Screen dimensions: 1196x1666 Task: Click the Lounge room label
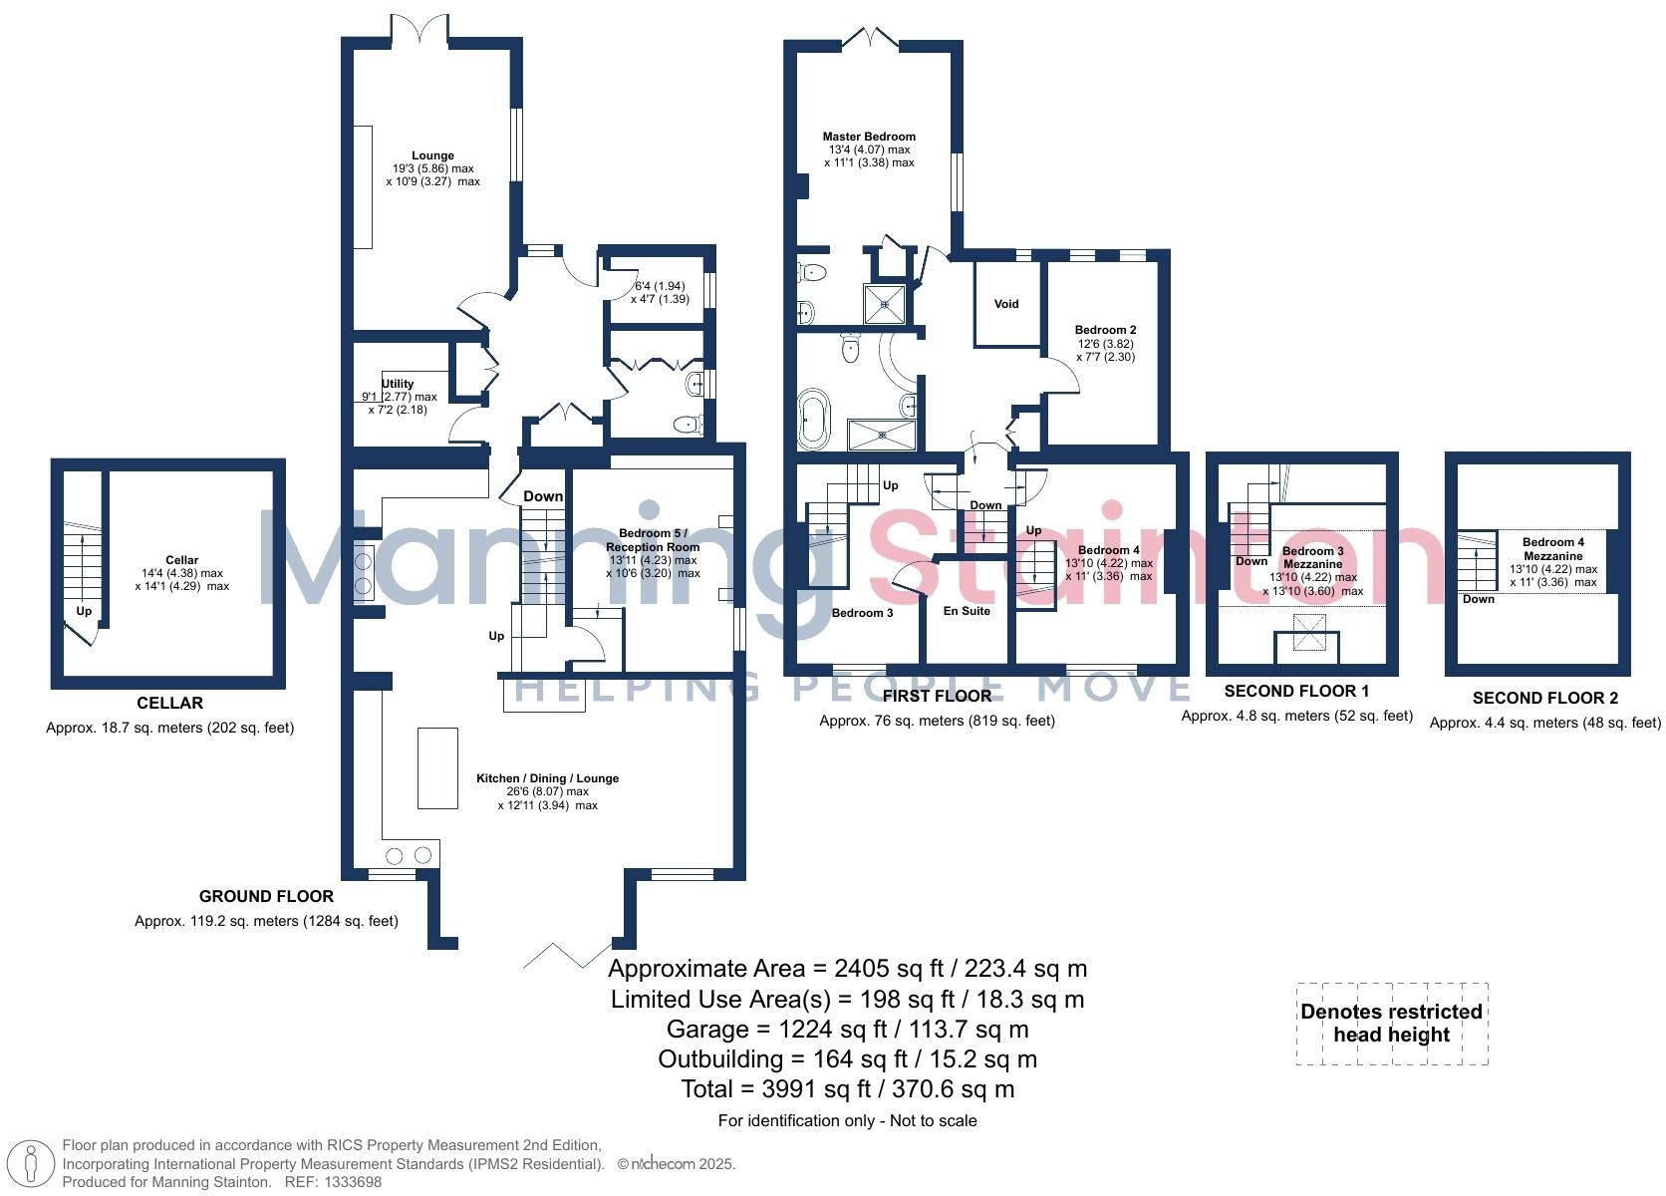click(x=432, y=155)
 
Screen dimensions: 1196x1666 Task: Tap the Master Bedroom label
click(x=868, y=137)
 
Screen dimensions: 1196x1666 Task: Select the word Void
click(x=1006, y=304)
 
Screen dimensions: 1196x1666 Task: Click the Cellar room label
click(x=181, y=560)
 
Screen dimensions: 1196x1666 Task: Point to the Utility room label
click(x=398, y=384)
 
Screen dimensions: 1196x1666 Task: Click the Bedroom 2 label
click(x=1105, y=330)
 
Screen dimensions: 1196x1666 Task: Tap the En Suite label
click(x=967, y=611)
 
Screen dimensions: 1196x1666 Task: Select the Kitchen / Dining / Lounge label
click(x=547, y=778)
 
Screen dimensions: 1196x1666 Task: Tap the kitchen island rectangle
click(x=437, y=767)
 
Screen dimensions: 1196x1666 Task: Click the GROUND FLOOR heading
click(x=266, y=896)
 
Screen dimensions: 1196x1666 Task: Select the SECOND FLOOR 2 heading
click(x=1544, y=698)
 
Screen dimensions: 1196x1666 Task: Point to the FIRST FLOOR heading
click(x=937, y=696)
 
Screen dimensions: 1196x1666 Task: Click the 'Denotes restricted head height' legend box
click(x=1391, y=1024)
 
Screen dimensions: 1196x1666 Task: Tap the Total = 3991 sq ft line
click(x=847, y=1089)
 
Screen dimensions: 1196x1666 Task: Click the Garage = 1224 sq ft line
click(x=847, y=1030)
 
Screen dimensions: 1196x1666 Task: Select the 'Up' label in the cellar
click(x=84, y=611)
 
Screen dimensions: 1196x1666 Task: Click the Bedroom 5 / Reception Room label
click(x=653, y=540)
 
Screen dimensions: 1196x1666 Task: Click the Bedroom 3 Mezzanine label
click(x=1312, y=557)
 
